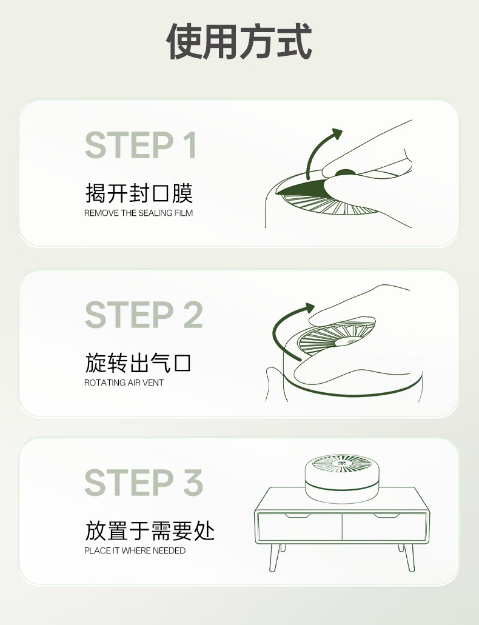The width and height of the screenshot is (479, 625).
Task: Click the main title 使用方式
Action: coord(239,41)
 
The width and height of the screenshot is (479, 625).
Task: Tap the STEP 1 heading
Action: coord(141,145)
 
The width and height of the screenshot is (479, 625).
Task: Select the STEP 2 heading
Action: coord(144,315)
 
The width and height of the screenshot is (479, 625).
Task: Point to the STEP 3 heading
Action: coord(144,483)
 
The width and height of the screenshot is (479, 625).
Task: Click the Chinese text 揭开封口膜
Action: coord(139,193)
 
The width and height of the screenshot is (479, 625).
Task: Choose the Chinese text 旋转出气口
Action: coord(138,363)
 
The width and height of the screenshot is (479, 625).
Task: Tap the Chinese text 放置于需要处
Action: coord(150,530)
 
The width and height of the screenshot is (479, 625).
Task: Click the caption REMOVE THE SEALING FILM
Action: coord(138,213)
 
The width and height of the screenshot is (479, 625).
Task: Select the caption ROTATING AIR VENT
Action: coord(124,383)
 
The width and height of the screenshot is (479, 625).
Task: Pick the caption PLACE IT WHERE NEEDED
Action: coord(135,550)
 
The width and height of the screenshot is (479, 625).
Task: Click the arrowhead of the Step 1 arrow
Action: coord(337,133)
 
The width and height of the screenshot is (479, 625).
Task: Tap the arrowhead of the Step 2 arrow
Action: coord(310,308)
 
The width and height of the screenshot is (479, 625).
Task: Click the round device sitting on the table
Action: coord(342,478)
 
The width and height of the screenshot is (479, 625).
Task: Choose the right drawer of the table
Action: coord(384,527)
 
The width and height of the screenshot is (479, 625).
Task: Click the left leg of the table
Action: coord(275,557)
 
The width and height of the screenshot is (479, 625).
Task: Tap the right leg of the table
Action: coord(409,557)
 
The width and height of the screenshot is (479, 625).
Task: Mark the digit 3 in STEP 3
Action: coord(193,483)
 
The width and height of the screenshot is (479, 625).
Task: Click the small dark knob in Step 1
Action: coord(346,173)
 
